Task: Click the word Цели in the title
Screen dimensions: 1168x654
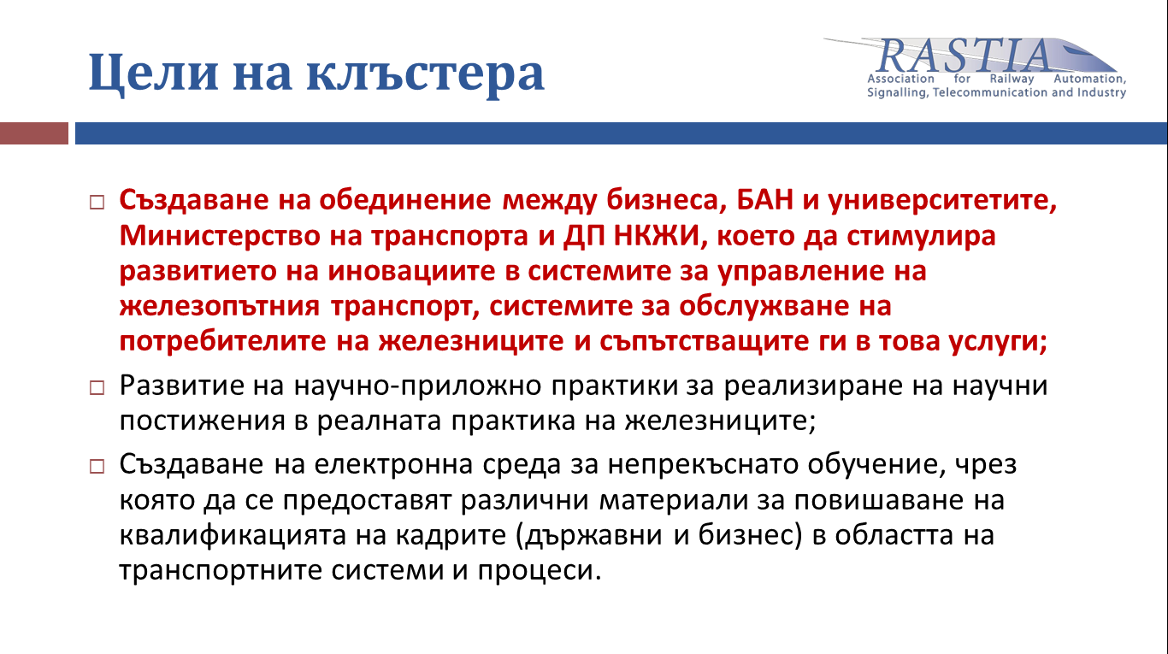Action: pos(153,73)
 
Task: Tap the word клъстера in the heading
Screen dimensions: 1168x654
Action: pos(426,74)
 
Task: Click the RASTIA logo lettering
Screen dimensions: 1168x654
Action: pos(964,56)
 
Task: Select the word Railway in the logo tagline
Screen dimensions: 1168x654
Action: pos(1012,79)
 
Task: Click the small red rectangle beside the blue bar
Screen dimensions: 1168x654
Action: pos(34,133)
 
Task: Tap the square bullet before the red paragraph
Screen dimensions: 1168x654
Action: pos(97,202)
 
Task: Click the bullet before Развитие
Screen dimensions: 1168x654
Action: pos(97,387)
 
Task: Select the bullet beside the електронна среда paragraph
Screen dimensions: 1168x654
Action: pos(97,466)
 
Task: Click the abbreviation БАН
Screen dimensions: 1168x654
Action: pos(765,200)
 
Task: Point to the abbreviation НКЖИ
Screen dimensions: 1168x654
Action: pos(656,236)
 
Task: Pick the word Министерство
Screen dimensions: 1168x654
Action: pos(220,236)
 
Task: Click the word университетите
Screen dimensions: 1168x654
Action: pos(942,201)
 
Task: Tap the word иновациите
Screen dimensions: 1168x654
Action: pos(411,271)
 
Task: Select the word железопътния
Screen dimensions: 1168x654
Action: pos(220,307)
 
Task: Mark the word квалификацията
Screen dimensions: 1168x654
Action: pos(233,536)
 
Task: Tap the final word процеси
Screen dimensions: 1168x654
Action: pos(540,571)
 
